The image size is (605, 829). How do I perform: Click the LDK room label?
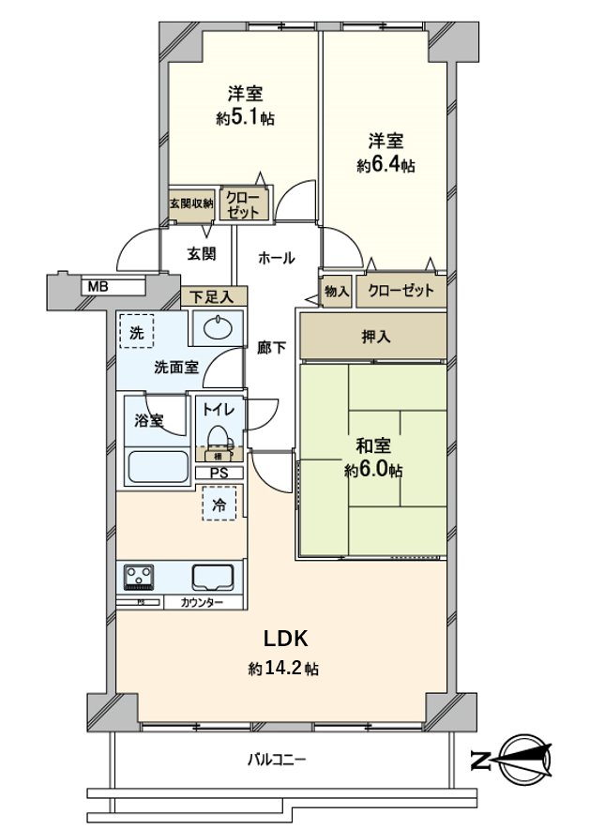pos(285,640)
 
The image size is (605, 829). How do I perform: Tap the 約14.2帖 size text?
pos(284,669)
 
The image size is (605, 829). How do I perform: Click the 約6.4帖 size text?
pos(386,165)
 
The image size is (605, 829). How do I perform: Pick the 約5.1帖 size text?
pos(245,118)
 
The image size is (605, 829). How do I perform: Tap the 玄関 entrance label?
pos(201,253)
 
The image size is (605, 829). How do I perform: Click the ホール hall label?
pos(277,257)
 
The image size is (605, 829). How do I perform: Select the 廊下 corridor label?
pos(271,347)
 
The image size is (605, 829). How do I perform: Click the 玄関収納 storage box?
pos(191,203)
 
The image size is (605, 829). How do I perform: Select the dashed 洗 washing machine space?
pos(138,331)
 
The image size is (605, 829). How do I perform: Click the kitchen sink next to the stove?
pos(213,575)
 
